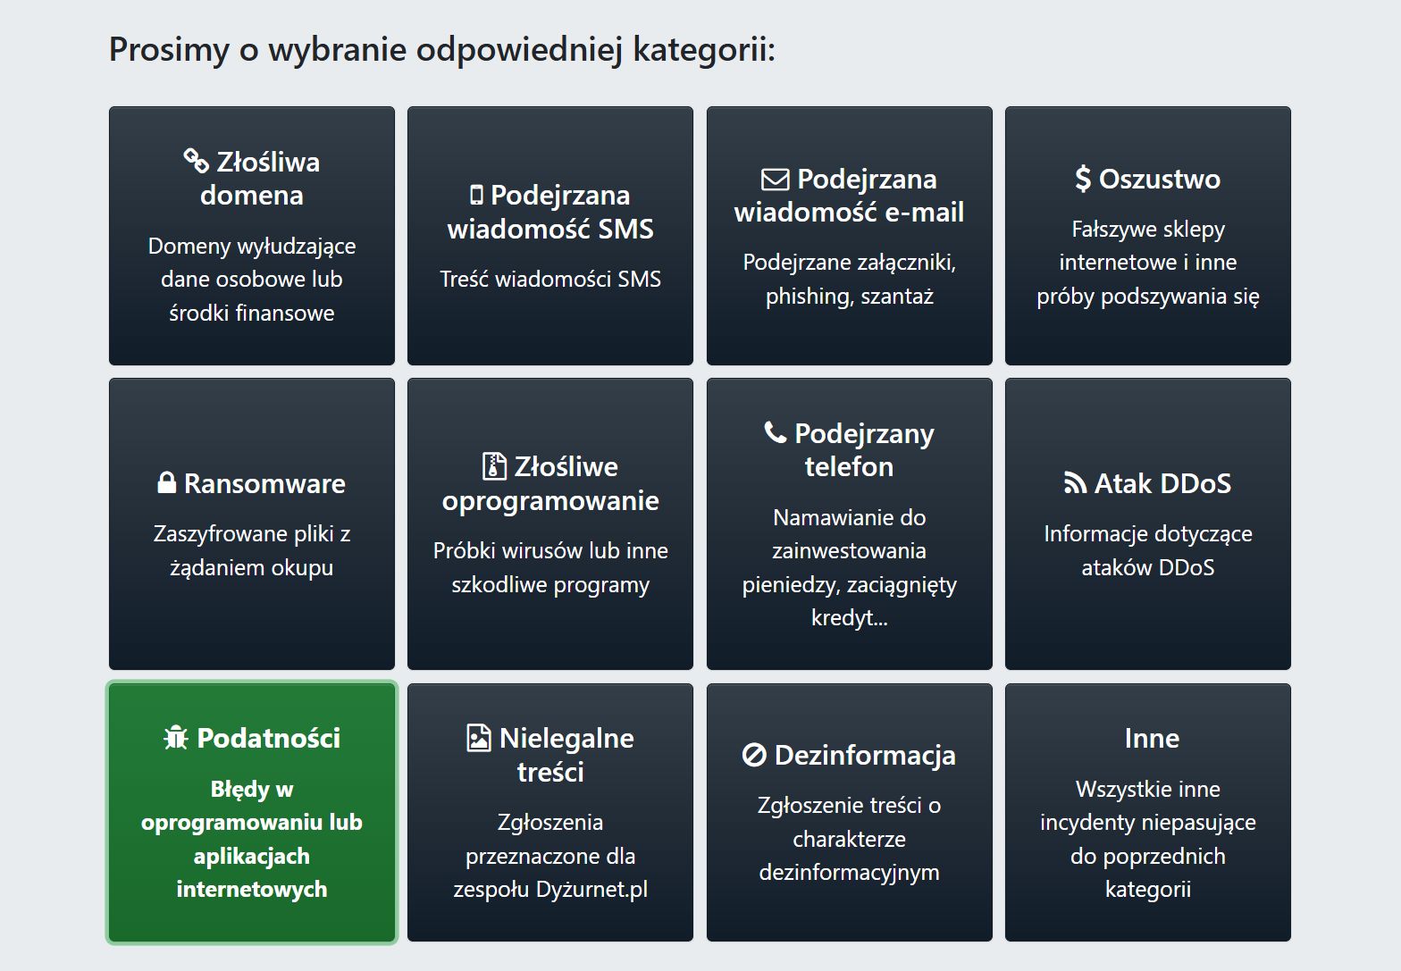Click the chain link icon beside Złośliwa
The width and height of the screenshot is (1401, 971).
coord(196,161)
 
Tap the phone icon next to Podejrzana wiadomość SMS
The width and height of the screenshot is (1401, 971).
coord(476,195)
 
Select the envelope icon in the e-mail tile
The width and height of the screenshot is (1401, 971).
coord(775,180)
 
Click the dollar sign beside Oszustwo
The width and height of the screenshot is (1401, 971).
coord(1082,179)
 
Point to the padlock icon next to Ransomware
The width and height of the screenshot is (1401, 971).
coord(166,483)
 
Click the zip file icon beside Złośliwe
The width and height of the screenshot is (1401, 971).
coord(493,466)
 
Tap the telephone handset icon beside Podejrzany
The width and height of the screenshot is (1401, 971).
coord(775,433)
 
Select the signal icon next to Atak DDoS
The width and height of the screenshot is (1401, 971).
coord(1075,483)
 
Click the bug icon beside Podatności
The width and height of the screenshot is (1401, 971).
coord(176,738)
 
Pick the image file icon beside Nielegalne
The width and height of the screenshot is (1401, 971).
coord(479,738)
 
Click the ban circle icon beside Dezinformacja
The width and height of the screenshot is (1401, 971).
coord(754,756)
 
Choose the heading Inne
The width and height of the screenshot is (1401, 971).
coord(1152,738)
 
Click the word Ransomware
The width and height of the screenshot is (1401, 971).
coord(264,483)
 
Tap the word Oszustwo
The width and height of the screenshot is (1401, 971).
coord(1159,179)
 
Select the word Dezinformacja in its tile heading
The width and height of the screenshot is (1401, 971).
coord(865,756)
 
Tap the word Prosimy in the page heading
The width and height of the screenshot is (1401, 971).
coord(169,49)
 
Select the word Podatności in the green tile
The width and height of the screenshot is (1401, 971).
coord(268,738)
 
